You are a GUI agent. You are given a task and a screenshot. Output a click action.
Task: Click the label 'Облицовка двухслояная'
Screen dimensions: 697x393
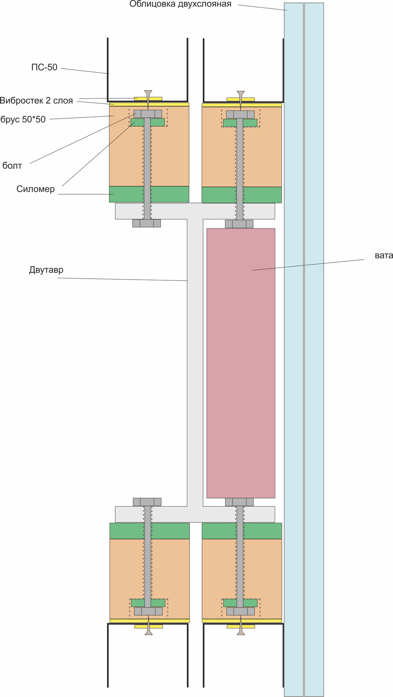tap(180, 4)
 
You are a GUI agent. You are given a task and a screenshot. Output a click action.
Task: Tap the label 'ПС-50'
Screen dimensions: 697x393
tap(44, 68)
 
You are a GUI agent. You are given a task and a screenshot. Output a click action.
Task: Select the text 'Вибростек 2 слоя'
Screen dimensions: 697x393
tap(36, 101)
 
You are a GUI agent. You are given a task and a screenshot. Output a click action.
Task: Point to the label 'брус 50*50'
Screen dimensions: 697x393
tap(23, 119)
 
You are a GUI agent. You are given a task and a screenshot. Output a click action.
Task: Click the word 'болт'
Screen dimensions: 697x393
tap(12, 165)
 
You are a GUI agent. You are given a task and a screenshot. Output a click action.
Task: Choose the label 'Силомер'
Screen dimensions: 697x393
tap(35, 189)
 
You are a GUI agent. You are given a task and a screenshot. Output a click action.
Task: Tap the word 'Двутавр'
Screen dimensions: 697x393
tap(46, 270)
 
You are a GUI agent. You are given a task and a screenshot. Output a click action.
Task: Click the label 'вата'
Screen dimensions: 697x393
tap(384, 256)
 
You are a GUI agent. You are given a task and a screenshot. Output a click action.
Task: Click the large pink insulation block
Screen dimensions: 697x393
tap(241, 363)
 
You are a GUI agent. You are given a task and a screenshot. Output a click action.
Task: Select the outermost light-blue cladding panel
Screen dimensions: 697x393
tap(314, 348)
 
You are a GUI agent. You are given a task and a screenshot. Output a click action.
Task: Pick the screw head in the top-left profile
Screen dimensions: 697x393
tap(148, 92)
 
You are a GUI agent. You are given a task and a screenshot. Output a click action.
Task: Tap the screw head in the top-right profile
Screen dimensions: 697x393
tap(241, 93)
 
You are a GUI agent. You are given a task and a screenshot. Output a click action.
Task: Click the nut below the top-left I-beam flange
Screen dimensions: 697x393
tap(146, 223)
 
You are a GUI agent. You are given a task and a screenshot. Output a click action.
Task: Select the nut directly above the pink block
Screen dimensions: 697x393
tap(239, 224)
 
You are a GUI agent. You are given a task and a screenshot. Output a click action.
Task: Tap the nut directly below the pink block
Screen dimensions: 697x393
tap(239, 502)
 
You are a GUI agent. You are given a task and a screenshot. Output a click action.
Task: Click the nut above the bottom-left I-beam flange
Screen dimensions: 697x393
tap(147, 502)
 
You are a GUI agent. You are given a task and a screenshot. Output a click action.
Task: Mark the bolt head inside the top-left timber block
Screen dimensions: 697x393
tap(148, 114)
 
